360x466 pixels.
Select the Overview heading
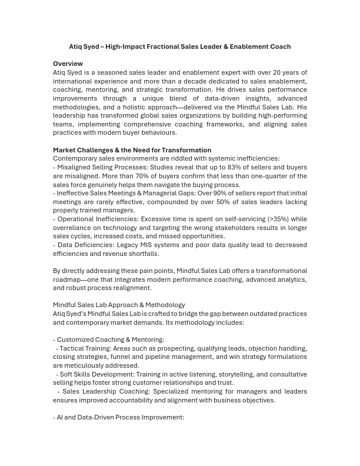click(x=68, y=64)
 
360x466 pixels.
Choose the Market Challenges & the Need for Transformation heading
click(x=132, y=150)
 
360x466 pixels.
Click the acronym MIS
click(x=149, y=245)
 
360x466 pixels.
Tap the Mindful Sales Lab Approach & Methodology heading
click(x=119, y=305)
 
